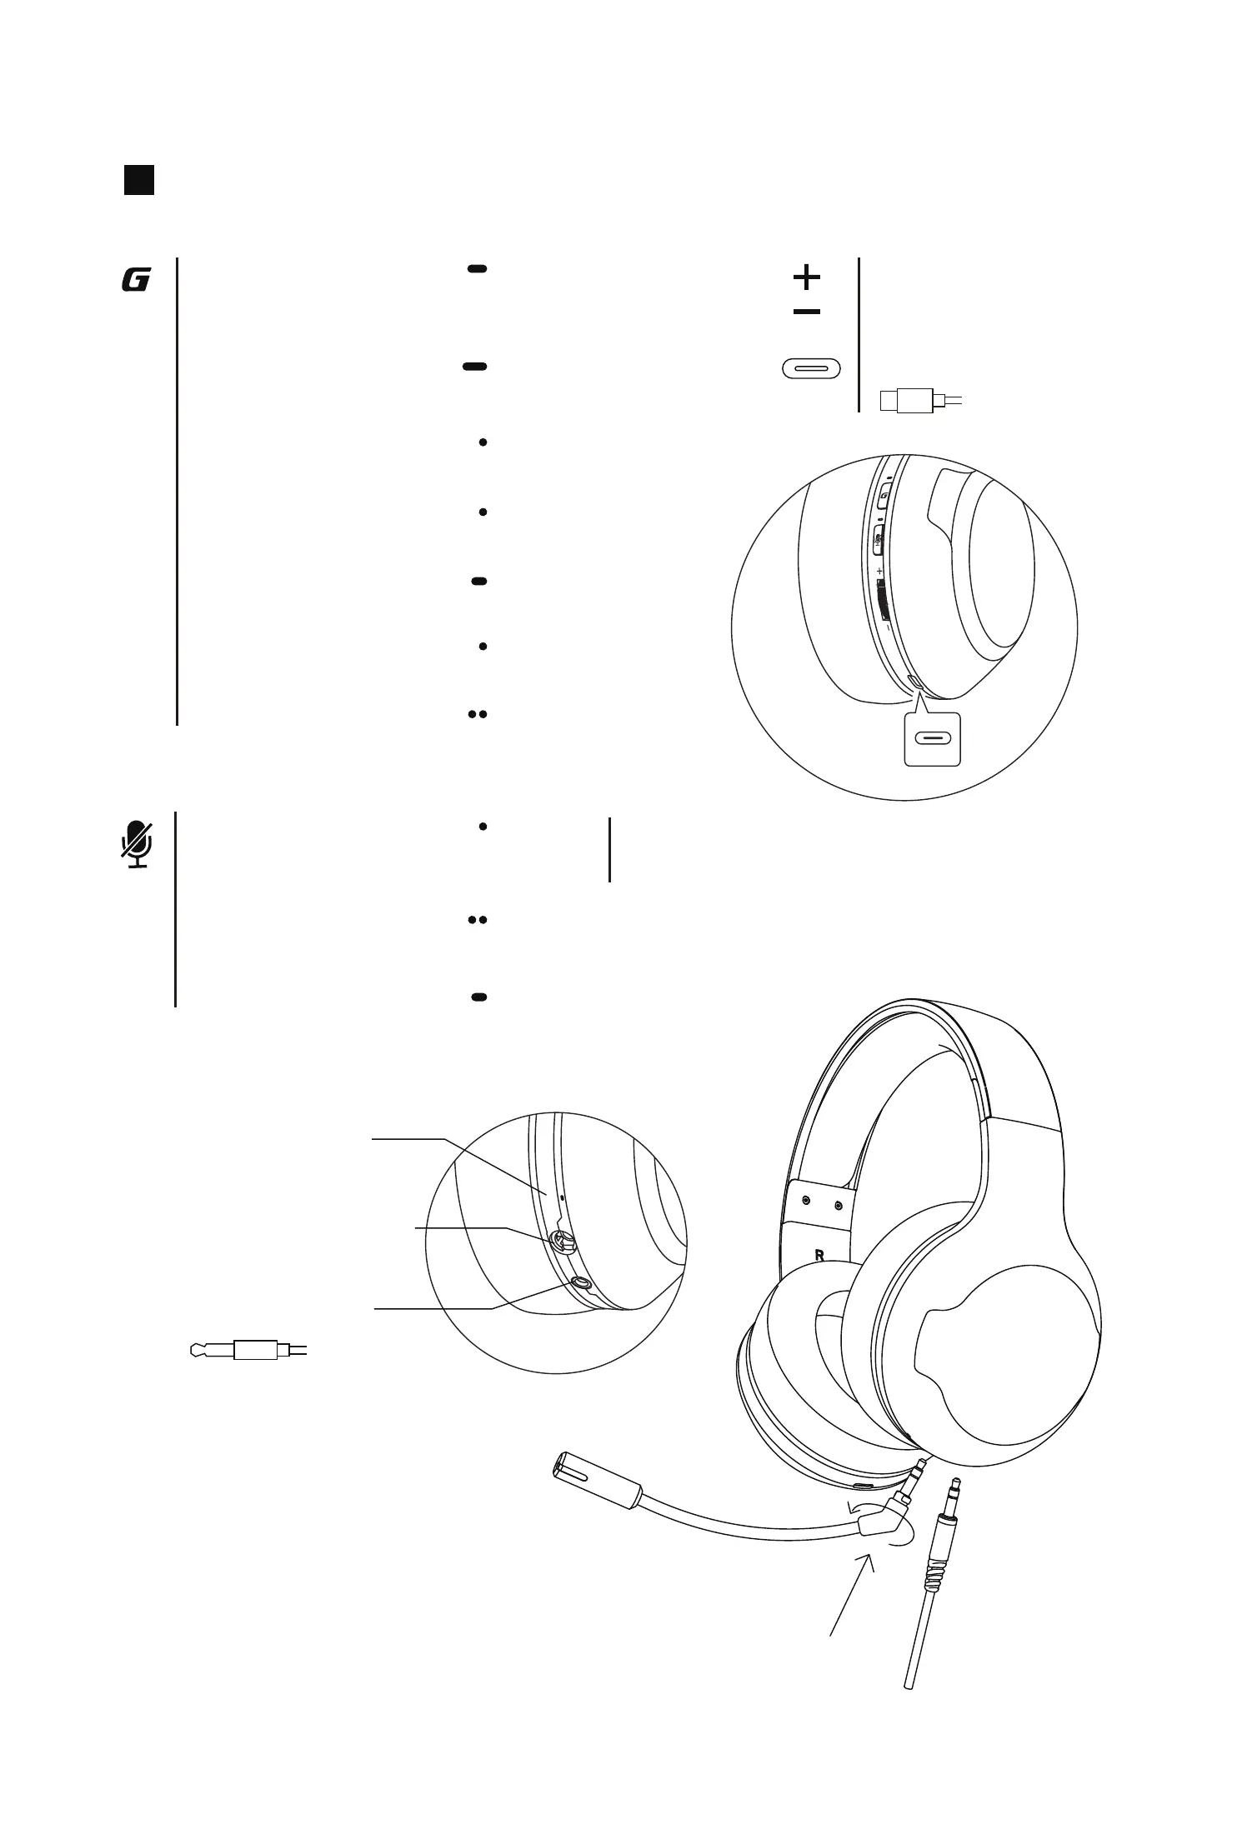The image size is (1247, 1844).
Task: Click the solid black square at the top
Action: coord(139,180)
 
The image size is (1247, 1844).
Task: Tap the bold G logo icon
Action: coord(135,281)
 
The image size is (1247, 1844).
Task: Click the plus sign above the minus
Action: coord(806,276)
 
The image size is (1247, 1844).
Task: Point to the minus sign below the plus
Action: coord(806,312)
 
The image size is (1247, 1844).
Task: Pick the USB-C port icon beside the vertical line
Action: coord(811,368)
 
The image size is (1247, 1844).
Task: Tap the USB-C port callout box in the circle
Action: coord(933,739)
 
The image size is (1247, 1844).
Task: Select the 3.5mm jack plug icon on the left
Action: coord(247,1348)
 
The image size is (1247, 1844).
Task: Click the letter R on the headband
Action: coord(819,1255)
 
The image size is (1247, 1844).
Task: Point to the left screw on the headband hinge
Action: coord(805,1201)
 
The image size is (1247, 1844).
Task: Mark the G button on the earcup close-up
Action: coord(884,497)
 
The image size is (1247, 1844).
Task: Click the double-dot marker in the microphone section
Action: coord(477,920)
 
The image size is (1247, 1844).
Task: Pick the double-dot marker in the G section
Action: coord(477,714)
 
